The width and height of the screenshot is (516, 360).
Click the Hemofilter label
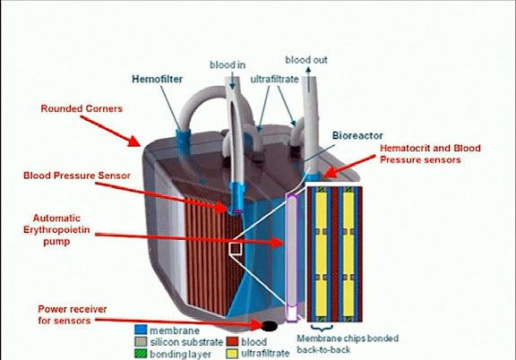point(157,80)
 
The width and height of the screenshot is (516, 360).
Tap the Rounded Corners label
point(82,108)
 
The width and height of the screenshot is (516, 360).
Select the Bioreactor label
point(357,135)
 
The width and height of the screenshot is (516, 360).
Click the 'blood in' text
point(228,64)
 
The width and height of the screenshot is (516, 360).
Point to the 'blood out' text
point(306,60)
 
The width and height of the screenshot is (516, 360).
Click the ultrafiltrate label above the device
point(274,80)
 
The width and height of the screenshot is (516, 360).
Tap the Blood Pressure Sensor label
point(77,176)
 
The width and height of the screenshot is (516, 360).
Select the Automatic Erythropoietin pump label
point(56,229)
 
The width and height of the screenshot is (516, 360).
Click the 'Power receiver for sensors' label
point(73,314)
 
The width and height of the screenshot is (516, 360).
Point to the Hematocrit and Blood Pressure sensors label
point(430,154)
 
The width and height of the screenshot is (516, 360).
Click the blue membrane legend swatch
point(141,330)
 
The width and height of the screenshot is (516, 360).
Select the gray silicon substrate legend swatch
point(141,341)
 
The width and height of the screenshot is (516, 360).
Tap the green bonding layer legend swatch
point(141,354)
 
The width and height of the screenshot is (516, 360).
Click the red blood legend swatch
point(232,341)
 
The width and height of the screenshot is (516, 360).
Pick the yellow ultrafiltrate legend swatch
point(232,354)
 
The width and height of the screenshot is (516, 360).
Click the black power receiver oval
point(270,326)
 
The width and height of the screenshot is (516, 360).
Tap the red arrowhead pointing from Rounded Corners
point(134,141)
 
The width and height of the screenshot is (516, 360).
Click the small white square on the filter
point(236,248)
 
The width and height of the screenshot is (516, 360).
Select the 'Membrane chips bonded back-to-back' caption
point(348,344)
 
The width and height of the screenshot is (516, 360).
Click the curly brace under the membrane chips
point(322,328)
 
